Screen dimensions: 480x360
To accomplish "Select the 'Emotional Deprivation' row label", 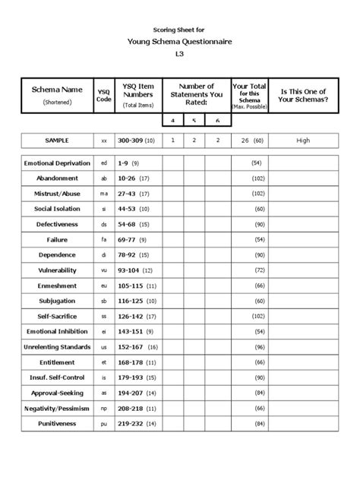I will pos(57,163).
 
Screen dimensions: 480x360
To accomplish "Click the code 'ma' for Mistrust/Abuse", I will pos(103,193).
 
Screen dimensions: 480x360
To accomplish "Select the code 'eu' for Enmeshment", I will pos(103,285).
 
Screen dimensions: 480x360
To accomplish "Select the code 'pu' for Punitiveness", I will pos(103,423).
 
